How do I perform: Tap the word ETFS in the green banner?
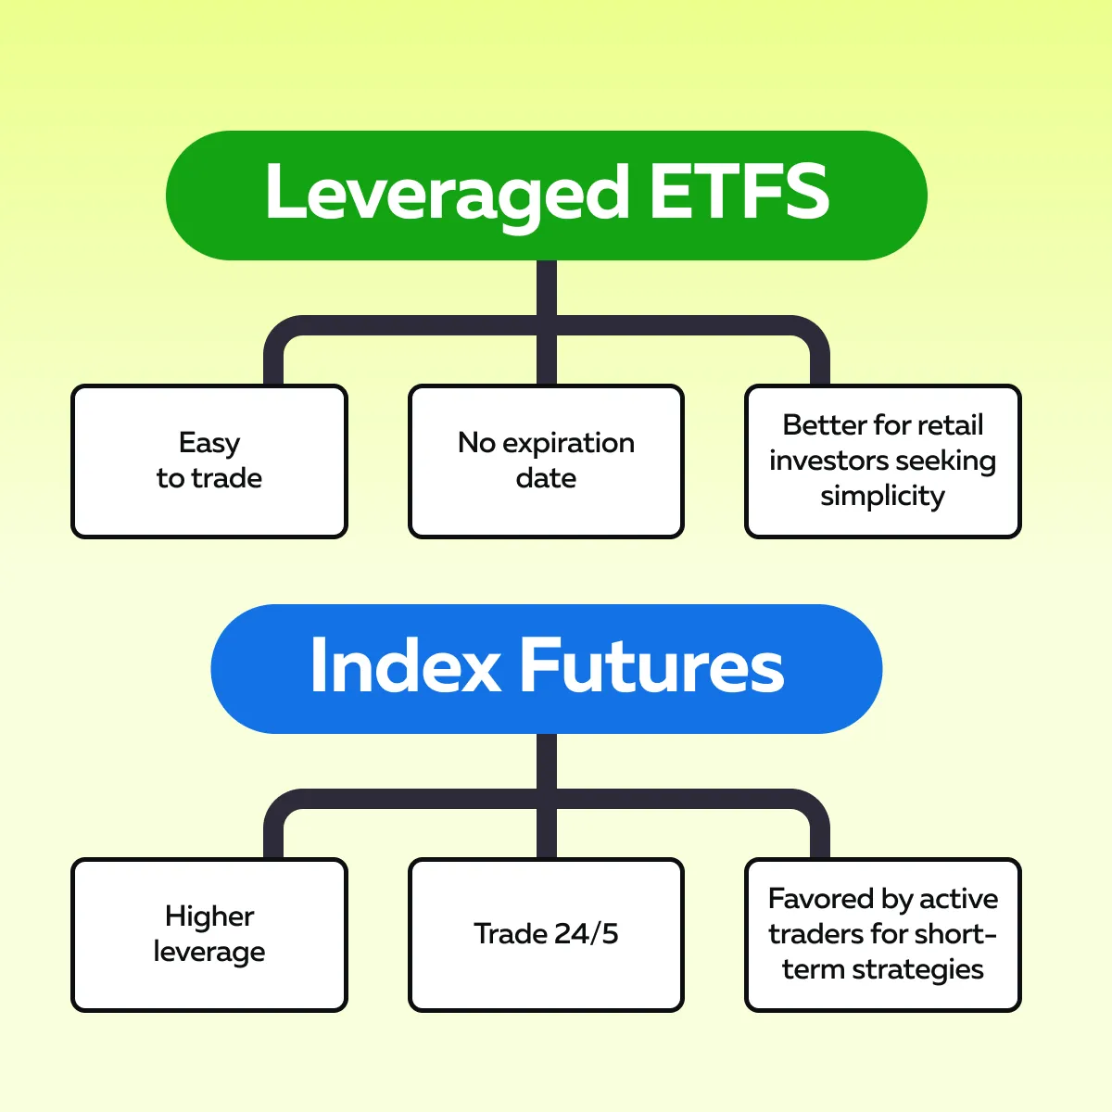pyautogui.click(x=739, y=191)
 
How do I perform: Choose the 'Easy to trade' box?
pyautogui.click(x=209, y=461)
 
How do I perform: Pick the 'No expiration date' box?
pyautogui.click(x=546, y=461)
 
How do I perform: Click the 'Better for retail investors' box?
pyautogui.click(x=883, y=461)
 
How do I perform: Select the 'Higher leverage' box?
pyautogui.click(x=209, y=935)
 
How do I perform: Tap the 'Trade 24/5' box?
pyautogui.click(x=546, y=935)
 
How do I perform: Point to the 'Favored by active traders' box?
pyautogui.click(x=883, y=935)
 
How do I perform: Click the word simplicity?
pyautogui.click(x=883, y=497)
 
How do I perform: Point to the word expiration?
pyautogui.click(x=568, y=445)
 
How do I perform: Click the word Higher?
pyautogui.click(x=209, y=917)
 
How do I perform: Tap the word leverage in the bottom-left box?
pyautogui.click(x=209, y=953)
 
